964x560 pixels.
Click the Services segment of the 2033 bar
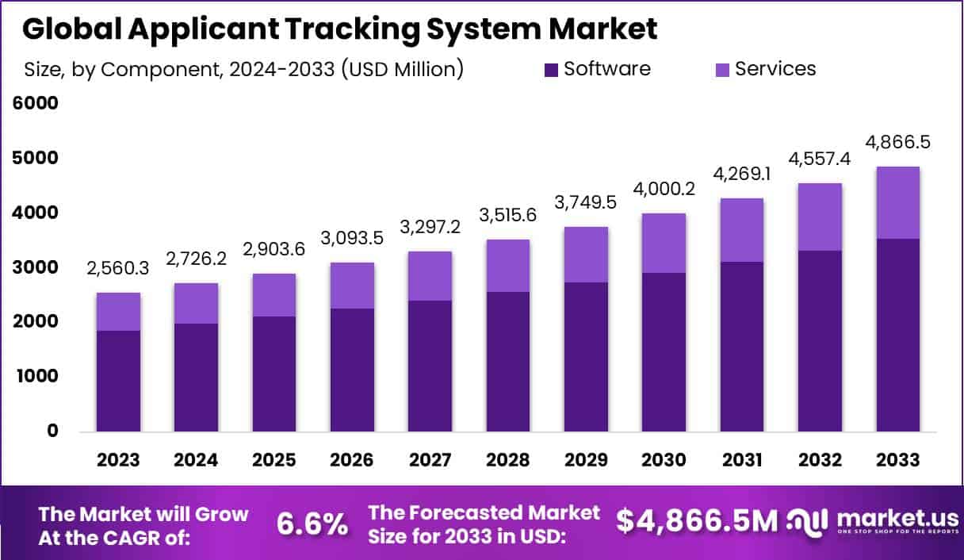pyautogui.click(x=898, y=202)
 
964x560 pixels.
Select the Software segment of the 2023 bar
pyautogui.click(x=119, y=381)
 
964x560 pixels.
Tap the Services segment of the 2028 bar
pyautogui.click(x=508, y=266)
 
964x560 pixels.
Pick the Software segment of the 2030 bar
pyautogui.click(x=664, y=352)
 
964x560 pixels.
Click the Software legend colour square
pyautogui.click(x=552, y=70)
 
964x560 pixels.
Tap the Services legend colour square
pyautogui.click(x=723, y=70)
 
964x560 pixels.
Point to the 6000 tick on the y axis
pyautogui.click(x=36, y=104)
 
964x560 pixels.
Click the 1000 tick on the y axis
pyautogui.click(x=36, y=377)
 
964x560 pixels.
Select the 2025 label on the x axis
pyautogui.click(x=274, y=460)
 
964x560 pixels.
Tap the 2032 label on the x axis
pyautogui.click(x=821, y=460)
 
